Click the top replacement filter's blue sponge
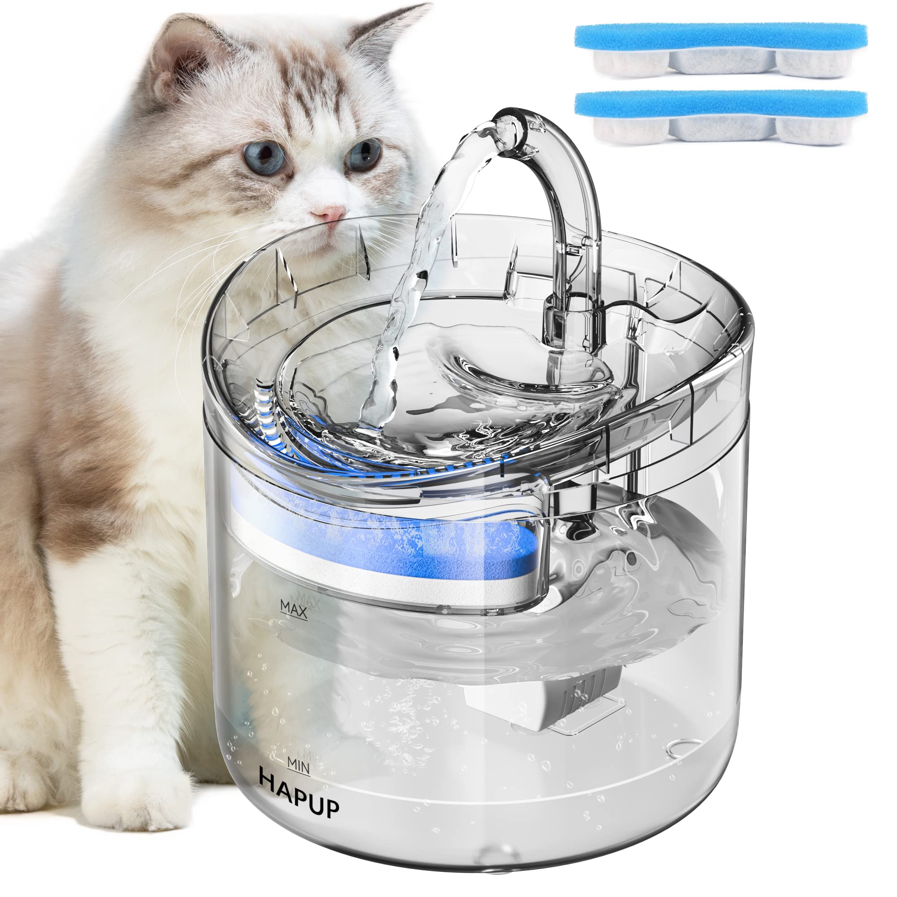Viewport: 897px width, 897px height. pos(721,36)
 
